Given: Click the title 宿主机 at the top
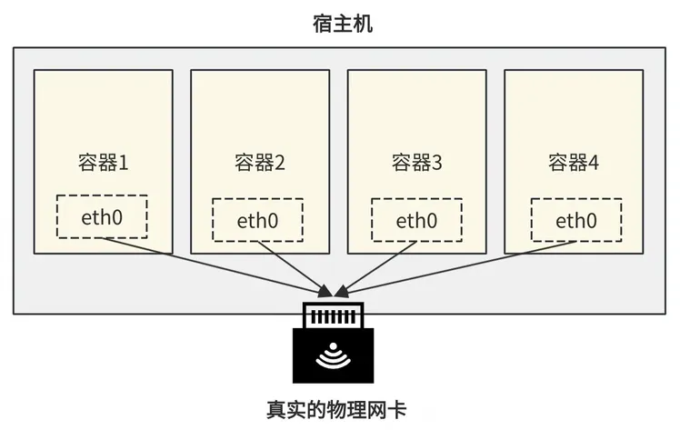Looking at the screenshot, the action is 343,24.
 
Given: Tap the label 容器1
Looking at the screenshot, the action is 104,163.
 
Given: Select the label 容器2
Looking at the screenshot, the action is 260,163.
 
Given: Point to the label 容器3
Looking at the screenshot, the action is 416,163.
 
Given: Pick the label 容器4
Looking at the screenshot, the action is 574,163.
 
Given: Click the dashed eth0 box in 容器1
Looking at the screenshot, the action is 102,195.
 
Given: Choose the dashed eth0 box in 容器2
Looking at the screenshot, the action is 257,199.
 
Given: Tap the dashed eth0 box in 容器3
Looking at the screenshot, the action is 416,199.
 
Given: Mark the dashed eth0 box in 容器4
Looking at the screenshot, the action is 576,199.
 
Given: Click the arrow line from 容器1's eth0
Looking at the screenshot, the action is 217,267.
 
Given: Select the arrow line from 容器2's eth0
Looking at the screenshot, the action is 294,268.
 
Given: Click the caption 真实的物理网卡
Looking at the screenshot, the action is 336,410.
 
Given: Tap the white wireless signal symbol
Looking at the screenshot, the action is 333,356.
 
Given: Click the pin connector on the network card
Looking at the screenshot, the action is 333,315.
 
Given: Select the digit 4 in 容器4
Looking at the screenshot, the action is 593,163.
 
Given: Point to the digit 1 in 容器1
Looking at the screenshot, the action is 123,163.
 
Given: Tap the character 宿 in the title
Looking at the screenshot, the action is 323,24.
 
